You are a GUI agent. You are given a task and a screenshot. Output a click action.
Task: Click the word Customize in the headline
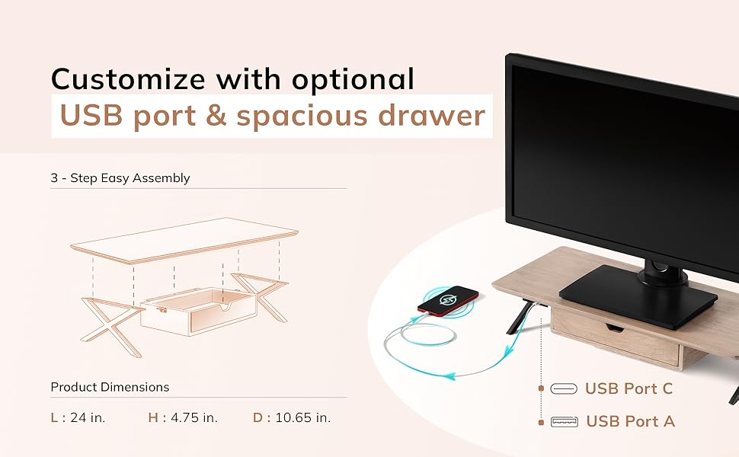coord(128,78)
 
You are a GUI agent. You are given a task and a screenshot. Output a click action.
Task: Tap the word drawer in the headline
coord(432,115)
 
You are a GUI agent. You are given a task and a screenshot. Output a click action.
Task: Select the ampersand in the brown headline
coord(216,116)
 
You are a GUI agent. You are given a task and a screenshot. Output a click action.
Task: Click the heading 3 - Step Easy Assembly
coord(120,178)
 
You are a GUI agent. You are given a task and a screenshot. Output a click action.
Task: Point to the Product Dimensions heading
coord(110,387)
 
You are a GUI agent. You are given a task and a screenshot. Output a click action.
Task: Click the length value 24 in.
coord(88,417)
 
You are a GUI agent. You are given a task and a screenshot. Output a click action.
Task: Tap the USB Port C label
coord(629,388)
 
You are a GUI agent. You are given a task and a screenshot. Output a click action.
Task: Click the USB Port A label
coord(630,421)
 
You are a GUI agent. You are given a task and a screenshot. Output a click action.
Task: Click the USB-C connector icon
coord(564,388)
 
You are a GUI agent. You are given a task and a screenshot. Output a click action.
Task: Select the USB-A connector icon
coord(564,421)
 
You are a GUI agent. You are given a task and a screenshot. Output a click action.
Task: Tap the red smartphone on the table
coord(448,301)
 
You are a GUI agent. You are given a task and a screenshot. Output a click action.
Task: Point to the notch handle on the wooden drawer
coord(614,327)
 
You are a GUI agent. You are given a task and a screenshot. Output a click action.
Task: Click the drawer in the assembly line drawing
coord(199,312)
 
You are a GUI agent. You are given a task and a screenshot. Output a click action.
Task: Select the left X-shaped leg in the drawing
coord(112,325)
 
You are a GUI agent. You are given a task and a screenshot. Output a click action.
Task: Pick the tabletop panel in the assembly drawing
coord(184,240)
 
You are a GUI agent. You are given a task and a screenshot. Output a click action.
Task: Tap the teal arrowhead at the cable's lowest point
coord(449,376)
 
